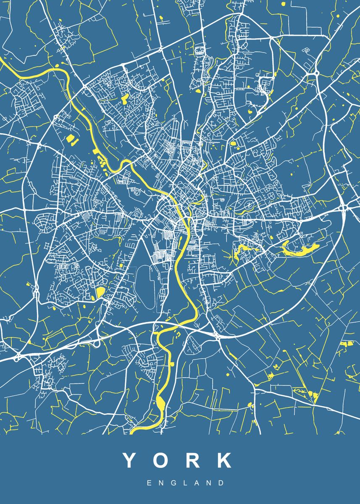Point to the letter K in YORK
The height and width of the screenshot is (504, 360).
click(x=224, y=460)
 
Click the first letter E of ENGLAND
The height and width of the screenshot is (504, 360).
click(x=149, y=483)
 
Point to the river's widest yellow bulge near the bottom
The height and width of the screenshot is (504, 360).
click(x=161, y=404)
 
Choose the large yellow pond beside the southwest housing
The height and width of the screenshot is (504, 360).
click(x=100, y=292)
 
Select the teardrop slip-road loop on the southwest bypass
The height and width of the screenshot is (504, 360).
click(x=97, y=344)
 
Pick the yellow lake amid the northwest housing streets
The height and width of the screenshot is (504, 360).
click(x=125, y=99)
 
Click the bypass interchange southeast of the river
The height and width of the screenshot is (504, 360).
click(x=217, y=335)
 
